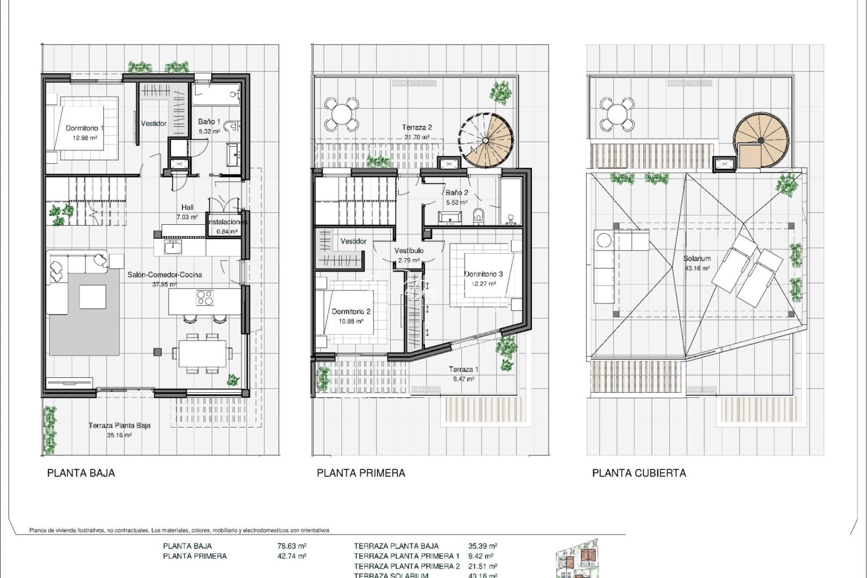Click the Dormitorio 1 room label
click(85, 128)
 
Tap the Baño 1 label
click(209, 122)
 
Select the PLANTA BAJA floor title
click(81, 473)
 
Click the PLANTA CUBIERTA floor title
click(639, 473)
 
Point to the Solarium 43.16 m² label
click(697, 258)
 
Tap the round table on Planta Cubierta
click(617, 113)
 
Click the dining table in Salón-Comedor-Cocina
click(202, 353)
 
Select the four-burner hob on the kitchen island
click(205, 298)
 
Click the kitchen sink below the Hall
click(173, 247)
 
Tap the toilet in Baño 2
click(478, 216)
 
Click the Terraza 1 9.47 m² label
click(463, 370)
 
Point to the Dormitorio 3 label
click(483, 274)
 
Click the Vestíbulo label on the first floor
click(409, 250)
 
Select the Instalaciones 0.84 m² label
click(227, 222)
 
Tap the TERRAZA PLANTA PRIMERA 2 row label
click(407, 566)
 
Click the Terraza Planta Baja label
click(119, 426)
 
